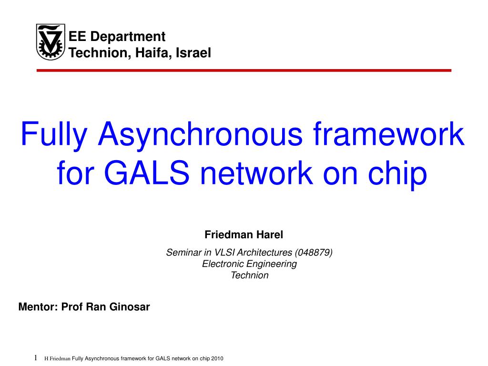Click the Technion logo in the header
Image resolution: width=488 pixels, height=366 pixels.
51,42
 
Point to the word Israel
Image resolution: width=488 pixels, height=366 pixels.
193,53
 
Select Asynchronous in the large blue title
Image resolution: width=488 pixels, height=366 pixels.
200,135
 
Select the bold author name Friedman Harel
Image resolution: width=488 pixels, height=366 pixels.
244,234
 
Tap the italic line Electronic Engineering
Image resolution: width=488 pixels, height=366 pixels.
249,264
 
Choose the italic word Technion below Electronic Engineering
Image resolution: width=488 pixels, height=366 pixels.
249,275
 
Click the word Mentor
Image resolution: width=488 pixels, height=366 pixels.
37,307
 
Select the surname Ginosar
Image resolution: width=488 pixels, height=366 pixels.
130,307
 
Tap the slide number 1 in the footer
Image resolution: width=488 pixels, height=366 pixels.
36,358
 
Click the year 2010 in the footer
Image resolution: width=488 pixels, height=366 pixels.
217,359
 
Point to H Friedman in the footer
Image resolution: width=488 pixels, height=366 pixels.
57,359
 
